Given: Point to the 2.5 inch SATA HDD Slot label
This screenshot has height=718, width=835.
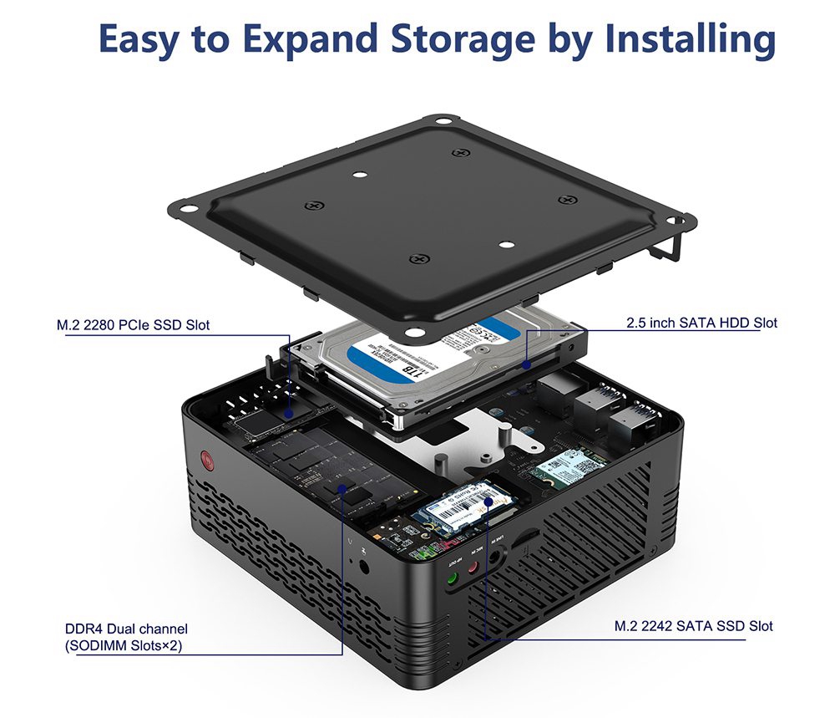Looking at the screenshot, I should pyautogui.click(x=701, y=323).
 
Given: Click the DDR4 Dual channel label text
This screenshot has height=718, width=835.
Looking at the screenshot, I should pyautogui.click(x=126, y=629).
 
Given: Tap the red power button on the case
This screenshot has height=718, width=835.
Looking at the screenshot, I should pyautogui.click(x=205, y=459).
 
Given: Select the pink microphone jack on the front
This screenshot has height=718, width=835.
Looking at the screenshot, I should pyautogui.click(x=473, y=568).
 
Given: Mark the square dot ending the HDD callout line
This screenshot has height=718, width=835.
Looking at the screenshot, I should pyautogui.click(x=527, y=364).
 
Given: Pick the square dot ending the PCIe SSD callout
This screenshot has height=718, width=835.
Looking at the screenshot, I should pyautogui.click(x=289, y=412).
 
